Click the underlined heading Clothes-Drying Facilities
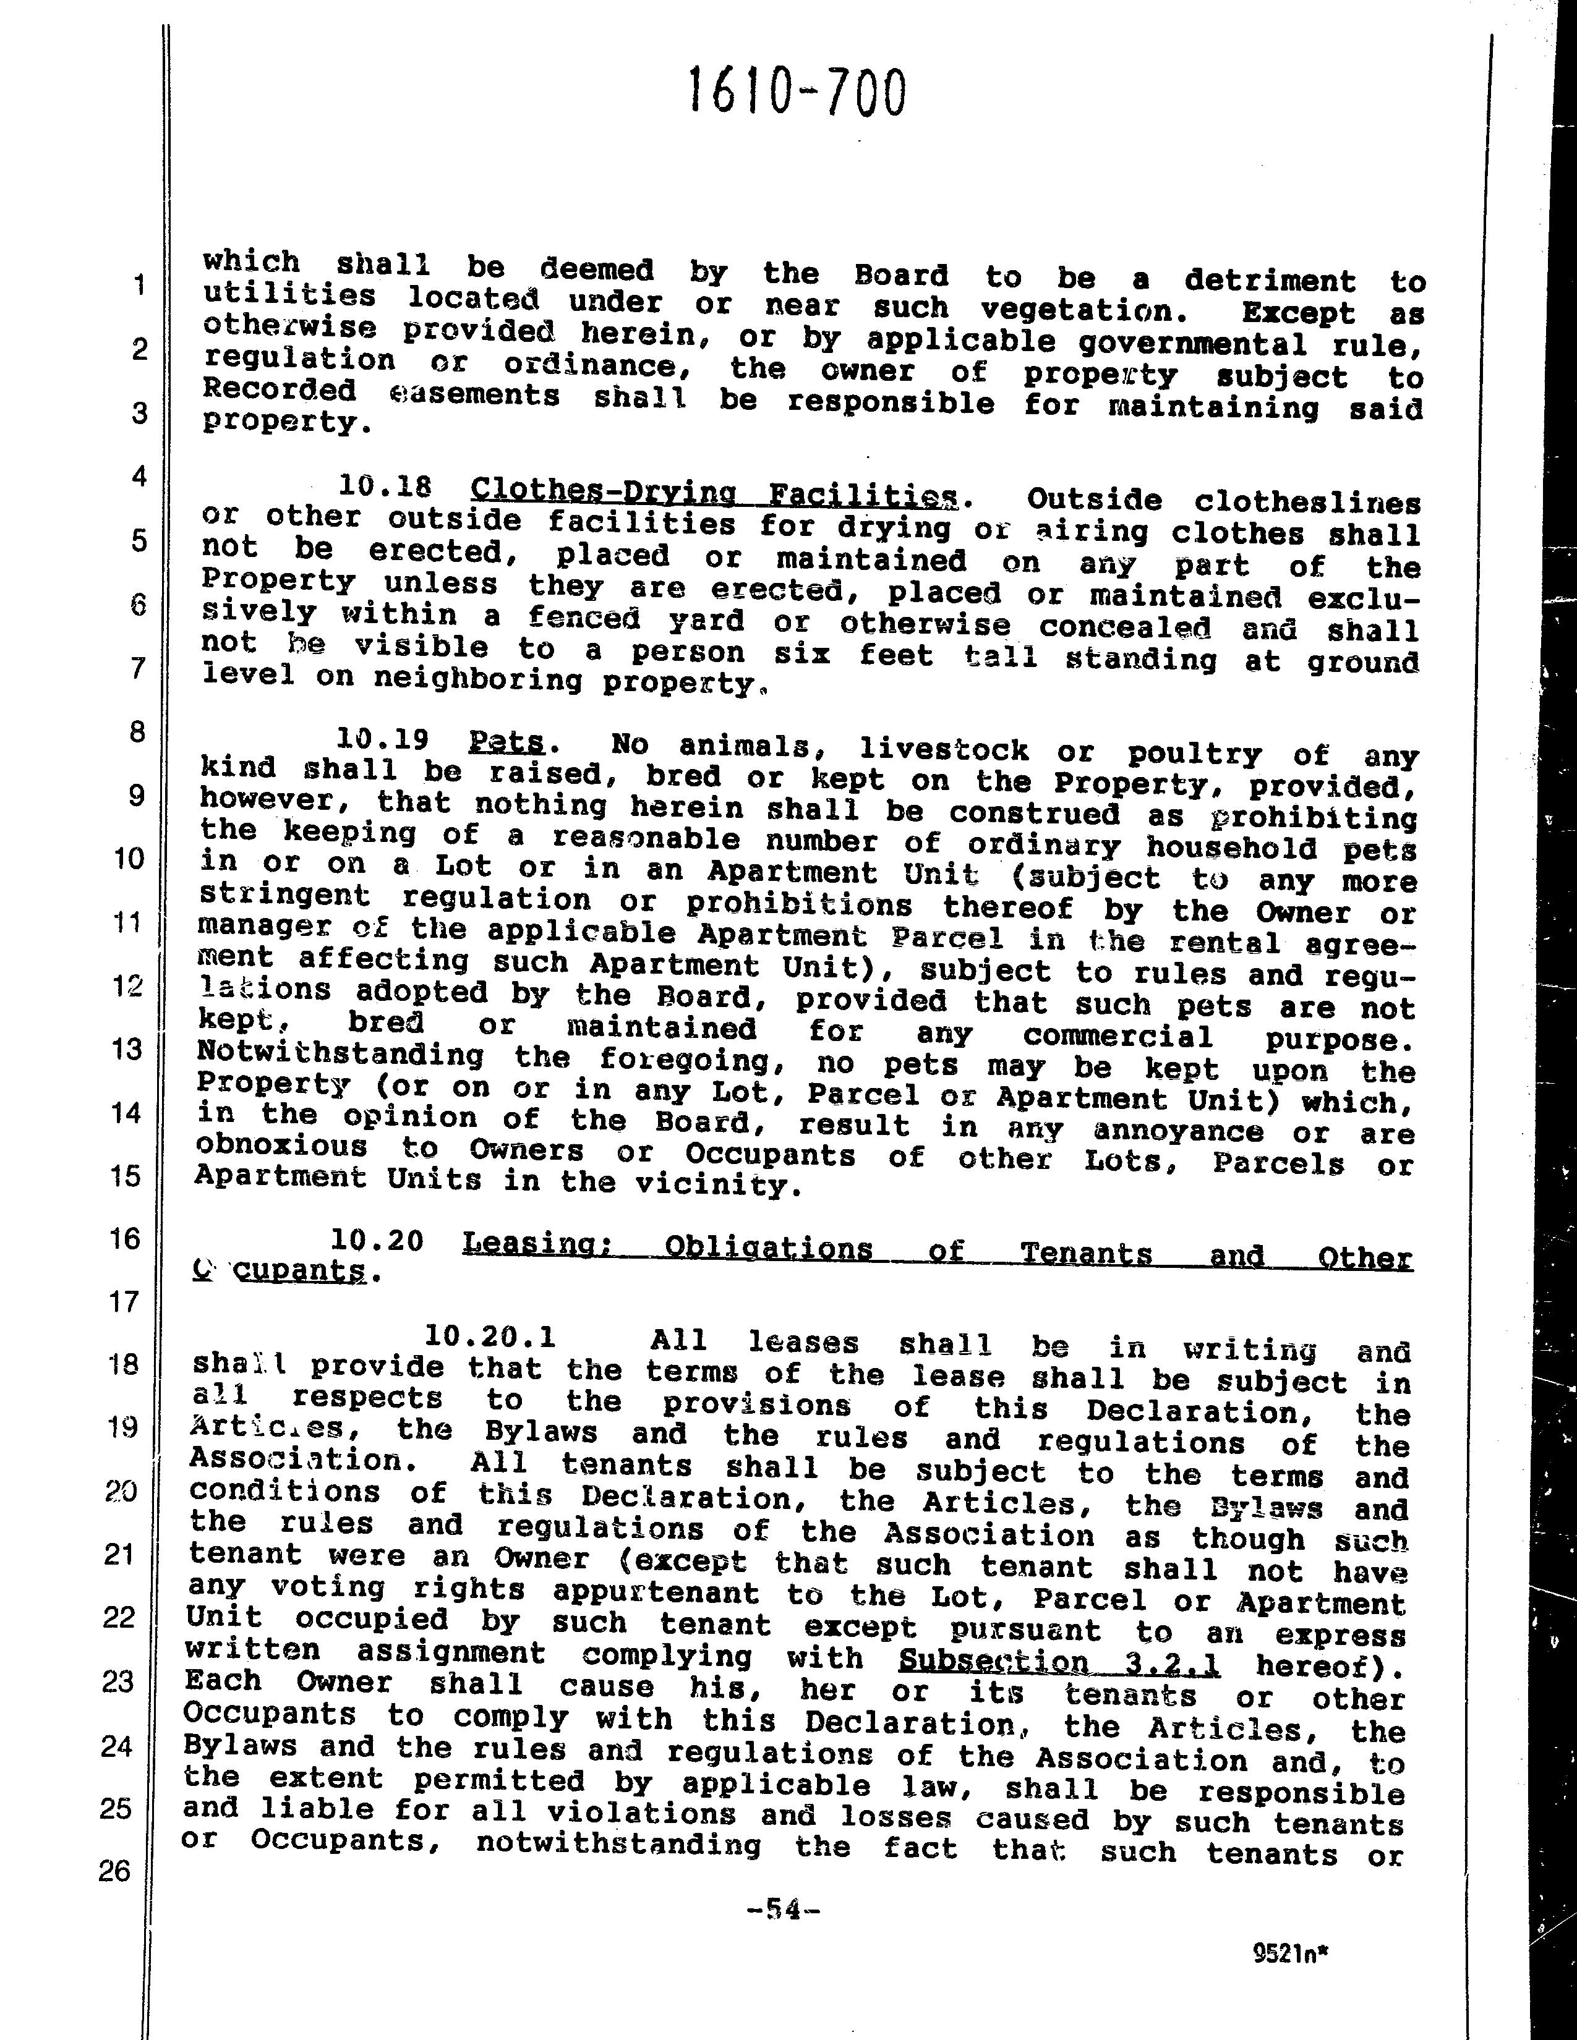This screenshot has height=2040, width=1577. pyautogui.click(x=715, y=491)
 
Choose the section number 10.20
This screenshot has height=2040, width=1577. pyautogui.click(x=377, y=1241)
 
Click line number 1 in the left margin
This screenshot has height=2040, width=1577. pyautogui.click(x=139, y=285)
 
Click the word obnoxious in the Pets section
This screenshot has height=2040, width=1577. pyautogui.click(x=281, y=1146)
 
